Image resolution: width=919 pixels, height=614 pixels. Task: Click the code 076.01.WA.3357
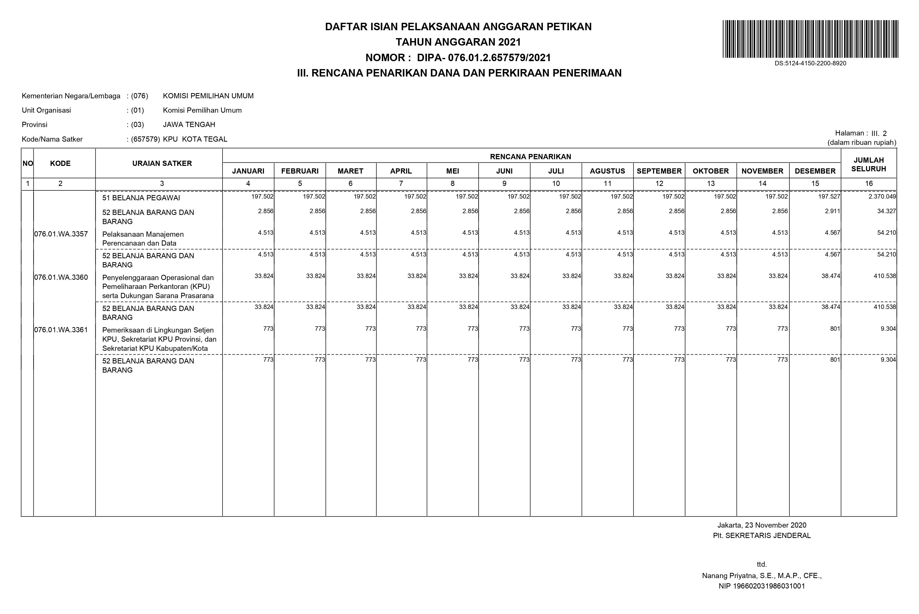(x=61, y=234)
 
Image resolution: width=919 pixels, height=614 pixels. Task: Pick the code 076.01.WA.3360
(x=61, y=278)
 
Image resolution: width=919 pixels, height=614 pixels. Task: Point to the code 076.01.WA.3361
(x=61, y=330)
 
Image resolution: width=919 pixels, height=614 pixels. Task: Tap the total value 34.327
(x=887, y=211)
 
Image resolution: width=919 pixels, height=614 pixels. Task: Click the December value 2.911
(x=832, y=211)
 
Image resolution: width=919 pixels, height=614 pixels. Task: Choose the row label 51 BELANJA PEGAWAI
(x=141, y=198)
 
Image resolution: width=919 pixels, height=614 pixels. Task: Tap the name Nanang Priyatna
(x=732, y=576)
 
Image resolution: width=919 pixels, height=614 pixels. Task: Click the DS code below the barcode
(x=810, y=63)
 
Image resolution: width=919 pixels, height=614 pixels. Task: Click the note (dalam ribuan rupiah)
(x=861, y=143)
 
